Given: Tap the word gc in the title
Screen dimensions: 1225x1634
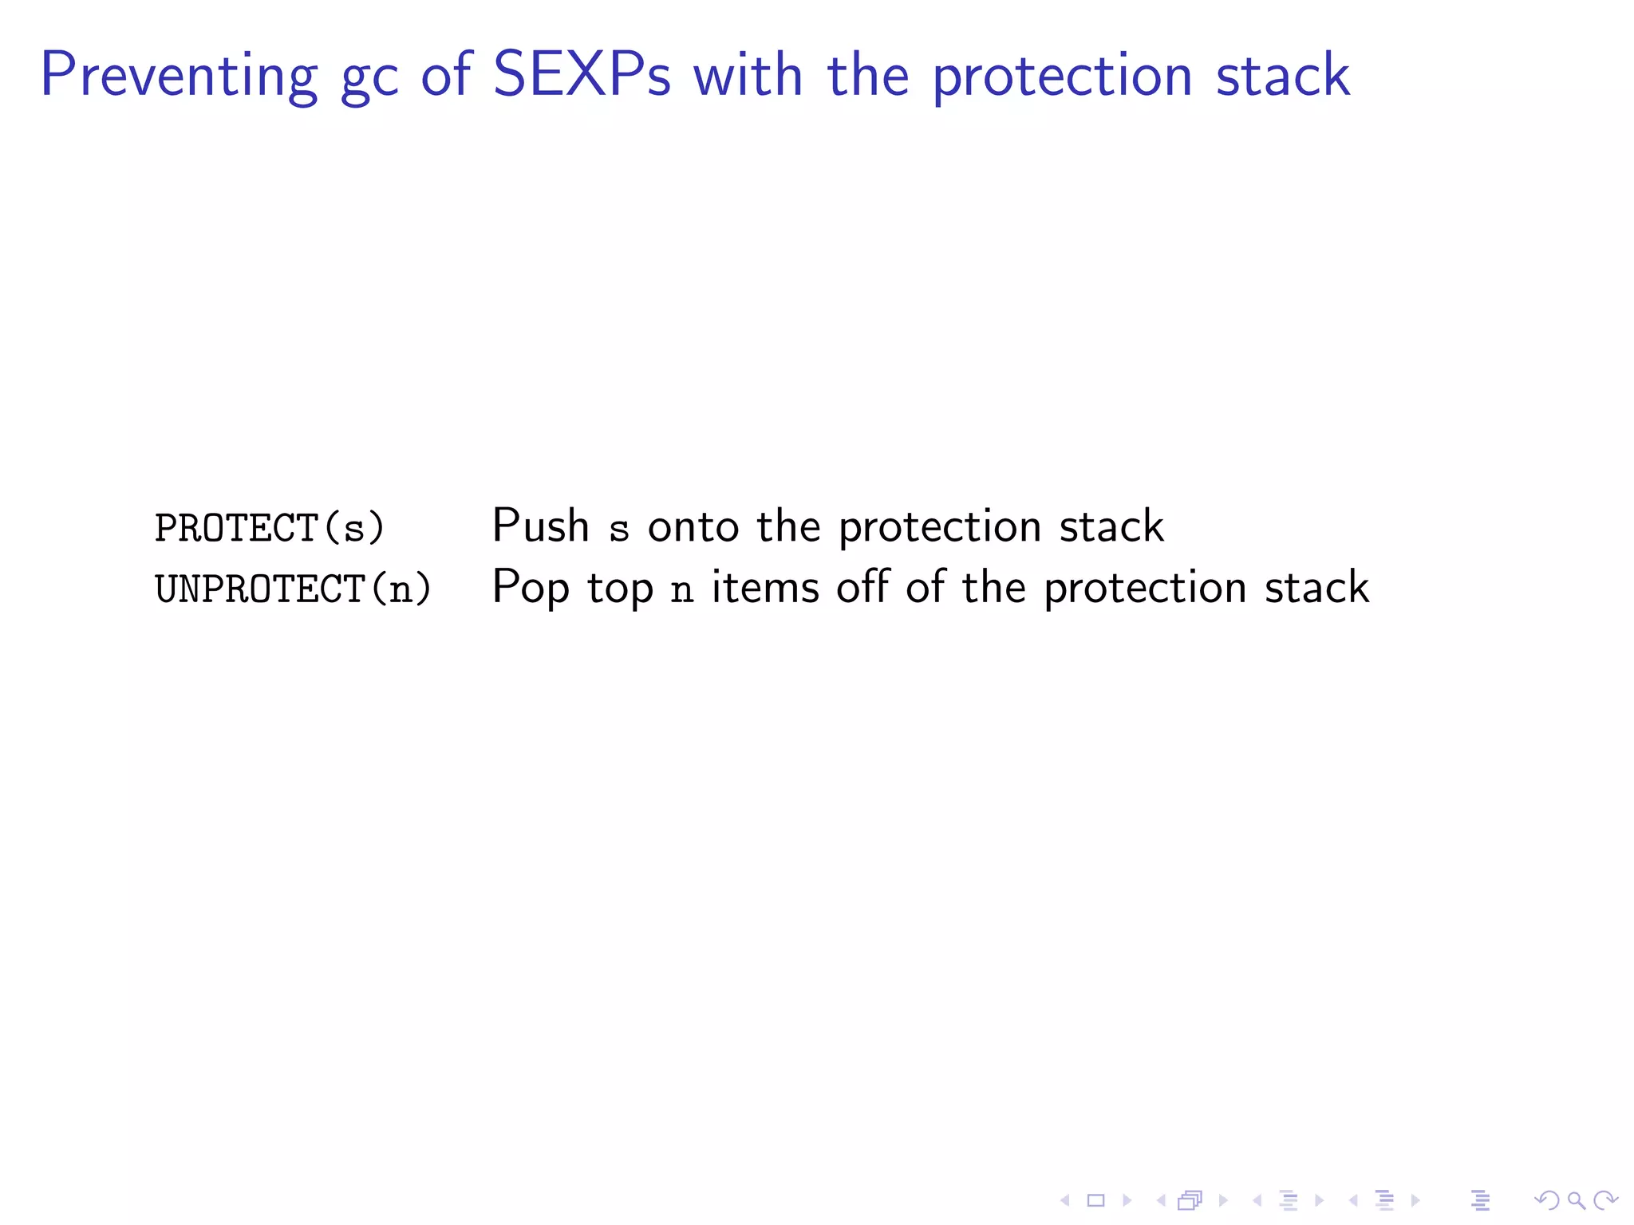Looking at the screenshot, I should click(x=369, y=80).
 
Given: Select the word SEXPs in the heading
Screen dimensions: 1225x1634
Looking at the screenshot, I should click(x=582, y=75).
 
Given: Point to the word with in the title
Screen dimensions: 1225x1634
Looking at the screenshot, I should click(x=748, y=75).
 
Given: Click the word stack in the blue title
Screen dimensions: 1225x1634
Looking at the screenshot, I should click(x=1282, y=75).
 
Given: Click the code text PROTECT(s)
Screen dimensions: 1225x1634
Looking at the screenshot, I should click(x=270, y=528).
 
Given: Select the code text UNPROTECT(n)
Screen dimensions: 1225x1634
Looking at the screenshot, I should click(x=293, y=589).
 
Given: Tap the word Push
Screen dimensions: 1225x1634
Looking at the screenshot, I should click(x=540, y=526).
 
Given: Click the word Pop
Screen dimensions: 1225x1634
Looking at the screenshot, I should click(x=531, y=589).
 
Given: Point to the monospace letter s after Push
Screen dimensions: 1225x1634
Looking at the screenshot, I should click(x=619, y=530).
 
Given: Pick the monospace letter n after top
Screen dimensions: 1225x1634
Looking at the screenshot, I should click(x=681, y=591).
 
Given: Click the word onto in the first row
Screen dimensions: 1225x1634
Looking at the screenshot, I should click(x=693, y=528).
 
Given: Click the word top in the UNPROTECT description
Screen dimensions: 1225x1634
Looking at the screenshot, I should click(x=620, y=590).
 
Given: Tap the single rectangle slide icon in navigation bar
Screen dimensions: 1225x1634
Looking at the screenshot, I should click(x=1095, y=1200).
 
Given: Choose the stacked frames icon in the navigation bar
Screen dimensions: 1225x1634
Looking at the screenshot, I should click(x=1190, y=1200).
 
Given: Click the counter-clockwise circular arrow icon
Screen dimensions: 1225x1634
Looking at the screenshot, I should click(x=1547, y=1200).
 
